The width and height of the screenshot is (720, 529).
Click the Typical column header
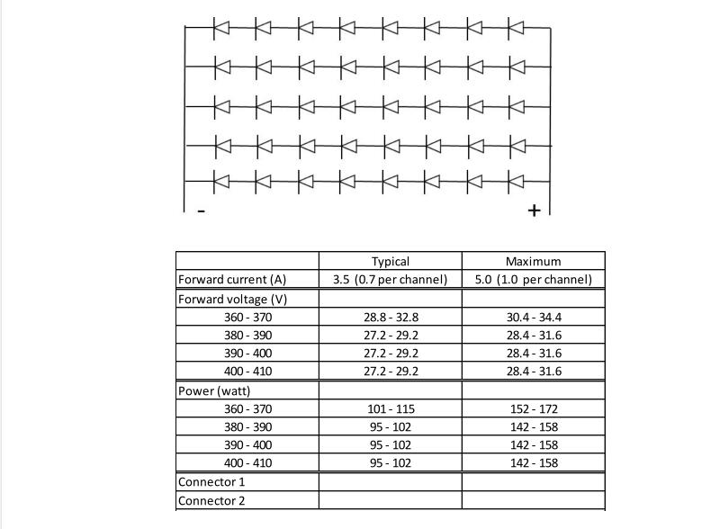(390, 261)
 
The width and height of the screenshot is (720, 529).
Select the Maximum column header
(533, 261)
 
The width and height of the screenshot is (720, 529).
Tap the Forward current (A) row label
(232, 280)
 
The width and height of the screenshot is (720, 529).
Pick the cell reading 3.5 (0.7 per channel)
(390, 280)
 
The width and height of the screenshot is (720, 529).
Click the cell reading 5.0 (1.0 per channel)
(533, 280)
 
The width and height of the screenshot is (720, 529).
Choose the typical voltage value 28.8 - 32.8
(390, 317)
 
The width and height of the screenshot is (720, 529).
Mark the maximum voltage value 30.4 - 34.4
(533, 317)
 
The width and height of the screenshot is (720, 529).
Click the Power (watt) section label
(214, 390)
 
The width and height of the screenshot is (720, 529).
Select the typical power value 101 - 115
(390, 408)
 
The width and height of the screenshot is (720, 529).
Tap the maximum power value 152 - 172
(533, 408)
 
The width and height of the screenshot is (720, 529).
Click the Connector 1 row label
(211, 482)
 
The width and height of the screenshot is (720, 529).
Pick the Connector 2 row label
(211, 501)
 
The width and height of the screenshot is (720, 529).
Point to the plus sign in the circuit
(534, 211)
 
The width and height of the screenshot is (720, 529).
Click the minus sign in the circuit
(201, 212)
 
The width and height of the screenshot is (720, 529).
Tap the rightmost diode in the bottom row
(516, 180)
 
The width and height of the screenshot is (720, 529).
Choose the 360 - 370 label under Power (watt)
(247, 408)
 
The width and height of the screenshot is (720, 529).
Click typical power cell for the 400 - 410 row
(390, 463)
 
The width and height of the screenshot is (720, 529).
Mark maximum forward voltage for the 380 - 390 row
(533, 336)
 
